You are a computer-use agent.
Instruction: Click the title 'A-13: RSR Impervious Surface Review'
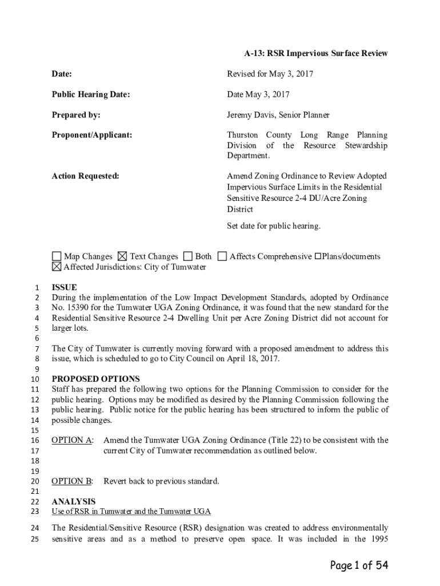[x=316, y=53]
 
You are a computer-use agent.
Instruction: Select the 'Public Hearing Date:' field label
[x=91, y=94]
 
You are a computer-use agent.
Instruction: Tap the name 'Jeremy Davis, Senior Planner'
[x=278, y=115]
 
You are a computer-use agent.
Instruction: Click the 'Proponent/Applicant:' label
[x=92, y=135]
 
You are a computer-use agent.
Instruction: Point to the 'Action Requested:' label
[x=85, y=176]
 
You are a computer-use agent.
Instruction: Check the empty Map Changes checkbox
[x=56, y=256]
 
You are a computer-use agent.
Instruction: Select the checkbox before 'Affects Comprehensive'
[x=222, y=256]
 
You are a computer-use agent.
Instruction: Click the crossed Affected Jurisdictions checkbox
[x=56, y=267]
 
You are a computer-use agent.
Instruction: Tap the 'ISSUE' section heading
[x=64, y=287]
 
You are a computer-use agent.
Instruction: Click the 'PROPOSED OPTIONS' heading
[x=95, y=379]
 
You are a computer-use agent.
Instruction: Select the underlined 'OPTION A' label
[x=72, y=440]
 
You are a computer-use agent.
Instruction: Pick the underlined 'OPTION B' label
[x=72, y=481]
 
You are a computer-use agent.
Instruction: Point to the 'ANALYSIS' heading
[x=74, y=502]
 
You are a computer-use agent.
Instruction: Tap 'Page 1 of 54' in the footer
[x=359, y=565]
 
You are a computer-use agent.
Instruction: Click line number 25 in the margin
[x=35, y=539]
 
